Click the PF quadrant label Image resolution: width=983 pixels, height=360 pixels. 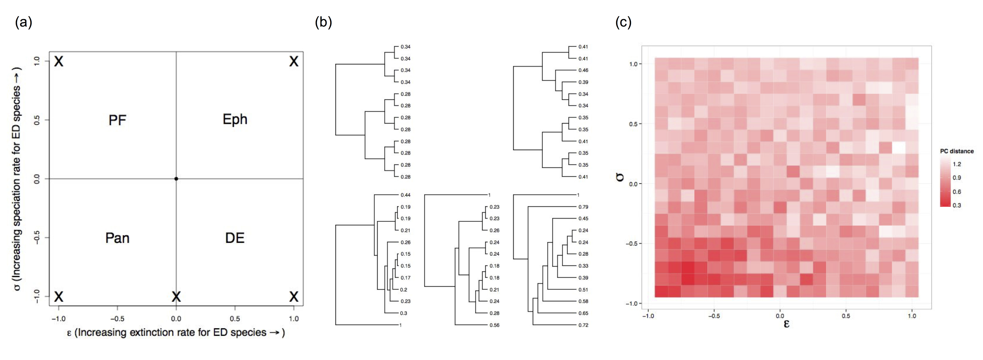click(117, 120)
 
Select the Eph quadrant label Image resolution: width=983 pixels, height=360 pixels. click(235, 120)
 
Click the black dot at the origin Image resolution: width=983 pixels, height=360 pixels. click(176, 179)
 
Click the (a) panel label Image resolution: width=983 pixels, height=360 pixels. click(23, 23)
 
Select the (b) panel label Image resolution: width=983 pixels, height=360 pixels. click(323, 23)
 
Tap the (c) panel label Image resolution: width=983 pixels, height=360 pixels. click(623, 23)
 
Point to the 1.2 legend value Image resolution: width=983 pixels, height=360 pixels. click(957, 164)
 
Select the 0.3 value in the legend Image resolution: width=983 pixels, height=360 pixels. click(957, 205)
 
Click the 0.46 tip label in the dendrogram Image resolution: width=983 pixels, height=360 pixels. click(583, 70)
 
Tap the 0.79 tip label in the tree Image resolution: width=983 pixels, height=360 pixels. click(583, 207)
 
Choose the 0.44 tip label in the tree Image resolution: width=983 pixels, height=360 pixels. click(405, 195)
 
